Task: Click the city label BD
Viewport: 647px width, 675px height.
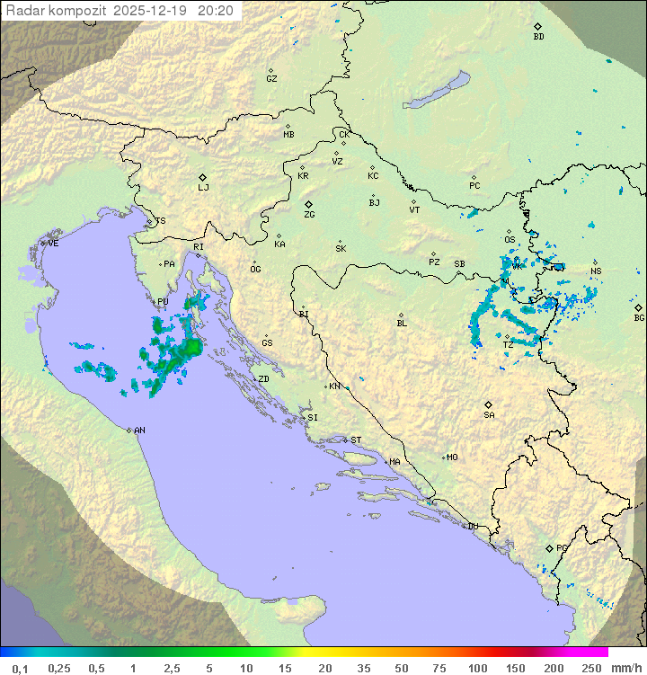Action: [538, 37]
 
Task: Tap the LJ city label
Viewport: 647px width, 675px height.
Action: [203, 188]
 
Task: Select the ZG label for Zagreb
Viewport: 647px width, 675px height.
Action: [309, 215]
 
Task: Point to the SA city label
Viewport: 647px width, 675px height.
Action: [489, 415]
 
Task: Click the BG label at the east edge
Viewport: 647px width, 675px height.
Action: [639, 317]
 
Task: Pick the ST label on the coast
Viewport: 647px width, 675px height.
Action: [356, 440]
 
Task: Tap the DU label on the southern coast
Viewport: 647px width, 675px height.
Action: [473, 527]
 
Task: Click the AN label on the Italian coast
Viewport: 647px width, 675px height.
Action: [139, 431]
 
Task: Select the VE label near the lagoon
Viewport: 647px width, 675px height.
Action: [53, 244]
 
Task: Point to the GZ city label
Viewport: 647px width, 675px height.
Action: [271, 79]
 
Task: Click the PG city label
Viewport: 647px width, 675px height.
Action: [562, 547]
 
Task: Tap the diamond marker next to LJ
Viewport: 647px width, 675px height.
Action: [203, 177]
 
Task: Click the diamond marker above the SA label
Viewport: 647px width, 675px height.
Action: [489, 404]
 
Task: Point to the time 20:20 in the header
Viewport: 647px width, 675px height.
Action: [215, 11]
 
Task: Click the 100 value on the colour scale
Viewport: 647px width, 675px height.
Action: [478, 668]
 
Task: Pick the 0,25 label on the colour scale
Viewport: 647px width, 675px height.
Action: [59, 668]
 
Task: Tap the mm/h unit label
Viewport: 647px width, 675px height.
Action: [625, 668]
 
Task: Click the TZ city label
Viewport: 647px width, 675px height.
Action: [508, 344]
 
